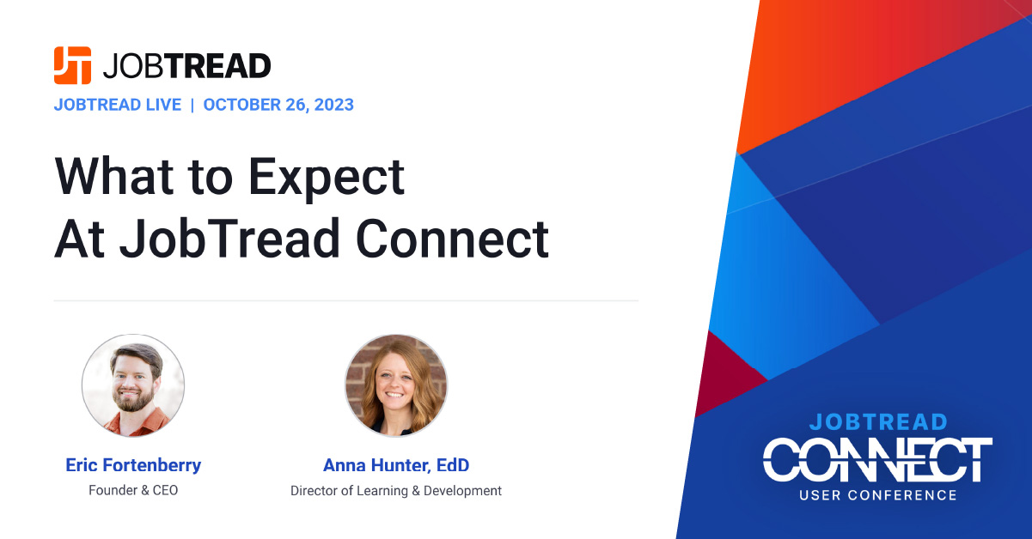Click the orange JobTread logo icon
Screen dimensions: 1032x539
(72, 65)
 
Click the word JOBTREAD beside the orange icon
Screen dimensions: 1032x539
(186, 66)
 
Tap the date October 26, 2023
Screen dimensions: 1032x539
(278, 105)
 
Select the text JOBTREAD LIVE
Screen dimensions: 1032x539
(118, 105)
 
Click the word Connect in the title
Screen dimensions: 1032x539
(452, 239)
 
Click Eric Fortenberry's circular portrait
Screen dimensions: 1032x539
(133, 385)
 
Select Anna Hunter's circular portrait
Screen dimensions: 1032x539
(396, 385)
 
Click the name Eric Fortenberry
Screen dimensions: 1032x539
(133, 465)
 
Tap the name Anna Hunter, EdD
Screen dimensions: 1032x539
(396, 465)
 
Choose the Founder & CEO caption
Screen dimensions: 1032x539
(133, 490)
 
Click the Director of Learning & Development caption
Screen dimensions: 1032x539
(396, 491)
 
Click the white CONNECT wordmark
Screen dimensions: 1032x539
(877, 460)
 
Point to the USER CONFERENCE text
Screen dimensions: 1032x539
(878, 495)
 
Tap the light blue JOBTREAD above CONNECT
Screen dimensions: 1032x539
(878, 422)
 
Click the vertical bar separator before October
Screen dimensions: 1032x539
(192, 105)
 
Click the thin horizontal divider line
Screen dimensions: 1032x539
(346, 300)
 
